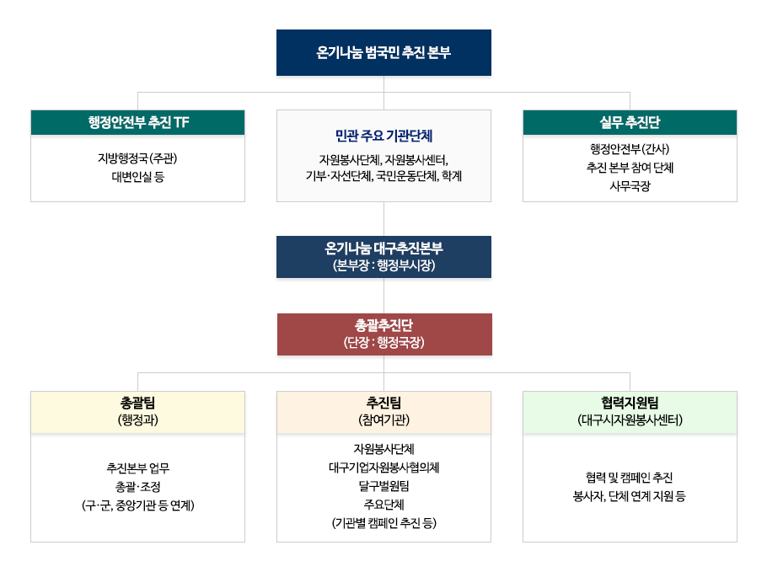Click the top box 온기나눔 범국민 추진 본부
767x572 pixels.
[x=383, y=53]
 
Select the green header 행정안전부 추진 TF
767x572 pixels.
[x=137, y=122]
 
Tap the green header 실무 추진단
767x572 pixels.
[x=630, y=122]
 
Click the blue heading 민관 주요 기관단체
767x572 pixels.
[x=384, y=136]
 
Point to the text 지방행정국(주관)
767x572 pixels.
[x=137, y=158]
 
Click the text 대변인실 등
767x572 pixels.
[x=137, y=177]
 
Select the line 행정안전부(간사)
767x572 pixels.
[x=630, y=148]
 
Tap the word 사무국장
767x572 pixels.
[x=630, y=186]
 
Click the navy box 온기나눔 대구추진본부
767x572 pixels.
[x=383, y=257]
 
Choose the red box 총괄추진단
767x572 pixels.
[x=384, y=334]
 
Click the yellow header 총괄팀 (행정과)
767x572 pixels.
[x=137, y=412]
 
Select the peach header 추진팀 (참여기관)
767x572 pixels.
[x=383, y=412]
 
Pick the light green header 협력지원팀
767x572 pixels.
[x=630, y=412]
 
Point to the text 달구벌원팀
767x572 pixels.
[x=383, y=486]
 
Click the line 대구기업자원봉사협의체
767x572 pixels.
[x=383, y=468]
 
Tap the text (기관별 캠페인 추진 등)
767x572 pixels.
[x=383, y=523]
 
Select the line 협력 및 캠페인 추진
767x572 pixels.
[x=629, y=477]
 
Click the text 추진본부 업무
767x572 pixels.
[x=138, y=468]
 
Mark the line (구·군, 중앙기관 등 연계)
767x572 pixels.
[x=138, y=505]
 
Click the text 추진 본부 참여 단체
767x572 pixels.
[x=630, y=167]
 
